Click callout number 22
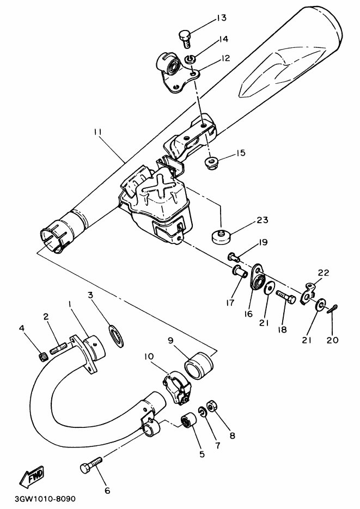324,272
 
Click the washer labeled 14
191,58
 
